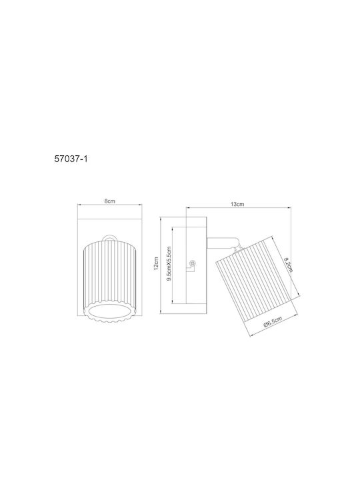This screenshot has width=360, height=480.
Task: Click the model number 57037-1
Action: point(71,159)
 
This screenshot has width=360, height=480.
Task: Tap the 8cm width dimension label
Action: point(109,201)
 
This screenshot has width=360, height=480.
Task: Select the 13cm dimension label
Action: point(237,204)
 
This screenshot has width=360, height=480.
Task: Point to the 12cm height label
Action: point(156,263)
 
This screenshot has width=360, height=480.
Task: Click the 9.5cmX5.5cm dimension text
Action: point(169,264)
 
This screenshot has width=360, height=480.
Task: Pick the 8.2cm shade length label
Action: point(288,265)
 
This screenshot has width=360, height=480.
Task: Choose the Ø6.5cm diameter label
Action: point(273,323)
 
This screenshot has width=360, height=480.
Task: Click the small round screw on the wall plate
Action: point(193,263)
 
